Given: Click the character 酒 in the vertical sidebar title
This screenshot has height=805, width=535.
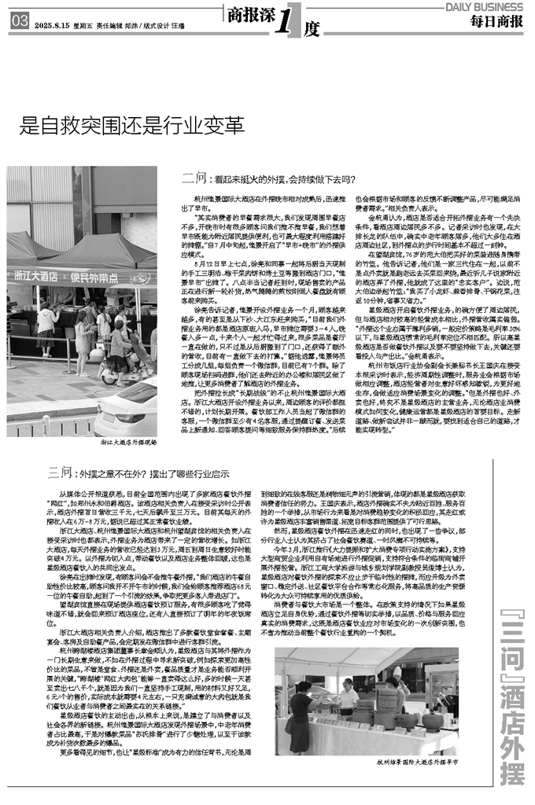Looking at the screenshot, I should tap(515, 676).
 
